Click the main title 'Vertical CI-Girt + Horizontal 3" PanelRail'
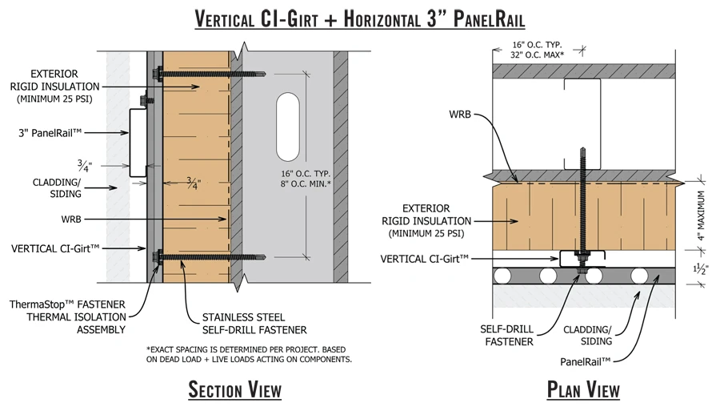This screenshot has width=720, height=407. tap(359, 19)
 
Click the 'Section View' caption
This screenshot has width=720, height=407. tap(234, 389)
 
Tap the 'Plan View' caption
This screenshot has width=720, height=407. tap(583, 389)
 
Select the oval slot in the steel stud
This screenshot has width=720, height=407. tap(288, 127)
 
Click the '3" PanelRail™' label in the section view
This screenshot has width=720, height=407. tap(50, 133)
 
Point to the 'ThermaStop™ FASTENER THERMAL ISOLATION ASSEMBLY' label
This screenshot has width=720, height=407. tap(67, 316)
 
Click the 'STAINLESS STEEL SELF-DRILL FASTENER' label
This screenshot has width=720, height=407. tap(254, 324)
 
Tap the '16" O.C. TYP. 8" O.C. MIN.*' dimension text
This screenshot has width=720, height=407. tap(306, 179)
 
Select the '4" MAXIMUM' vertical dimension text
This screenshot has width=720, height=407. tap(701, 216)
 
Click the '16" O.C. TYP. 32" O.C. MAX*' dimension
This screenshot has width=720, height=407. tap(538, 50)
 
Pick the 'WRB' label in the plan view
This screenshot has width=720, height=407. tap(460, 114)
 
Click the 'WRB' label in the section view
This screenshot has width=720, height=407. tap(71, 220)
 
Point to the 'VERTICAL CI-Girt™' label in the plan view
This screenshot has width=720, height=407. tap(424, 259)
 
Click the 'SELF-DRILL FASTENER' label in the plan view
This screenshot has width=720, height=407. tap(507, 335)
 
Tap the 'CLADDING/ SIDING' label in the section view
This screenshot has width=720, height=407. tap(57, 187)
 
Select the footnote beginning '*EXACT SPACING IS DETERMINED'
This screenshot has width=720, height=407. tap(249, 354)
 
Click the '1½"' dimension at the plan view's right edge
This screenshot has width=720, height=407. tap(701, 268)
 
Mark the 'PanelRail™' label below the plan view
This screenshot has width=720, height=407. tap(585, 361)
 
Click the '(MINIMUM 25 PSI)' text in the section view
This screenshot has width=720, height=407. tap(54, 99)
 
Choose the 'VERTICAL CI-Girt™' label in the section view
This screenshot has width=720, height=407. tap(55, 249)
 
